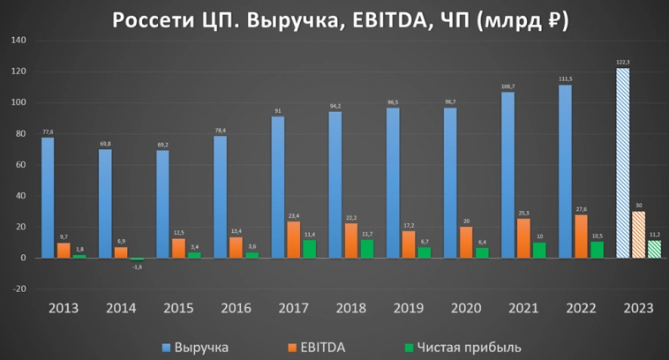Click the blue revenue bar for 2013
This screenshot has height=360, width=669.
48,198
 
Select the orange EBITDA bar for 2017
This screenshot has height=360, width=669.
293,239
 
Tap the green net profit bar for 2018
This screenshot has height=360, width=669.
366,248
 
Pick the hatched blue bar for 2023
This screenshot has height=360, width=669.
622,163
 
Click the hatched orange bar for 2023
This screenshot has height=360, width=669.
638,235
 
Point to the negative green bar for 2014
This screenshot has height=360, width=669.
137,259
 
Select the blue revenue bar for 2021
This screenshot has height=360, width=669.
507,175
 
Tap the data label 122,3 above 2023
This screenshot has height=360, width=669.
623,63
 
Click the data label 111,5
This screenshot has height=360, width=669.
565,79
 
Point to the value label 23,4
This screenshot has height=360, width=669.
293,215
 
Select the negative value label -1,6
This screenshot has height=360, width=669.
137,266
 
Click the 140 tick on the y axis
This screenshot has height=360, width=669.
19,41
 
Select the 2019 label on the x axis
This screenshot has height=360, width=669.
409,309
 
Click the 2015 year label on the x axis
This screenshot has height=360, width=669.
178,309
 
